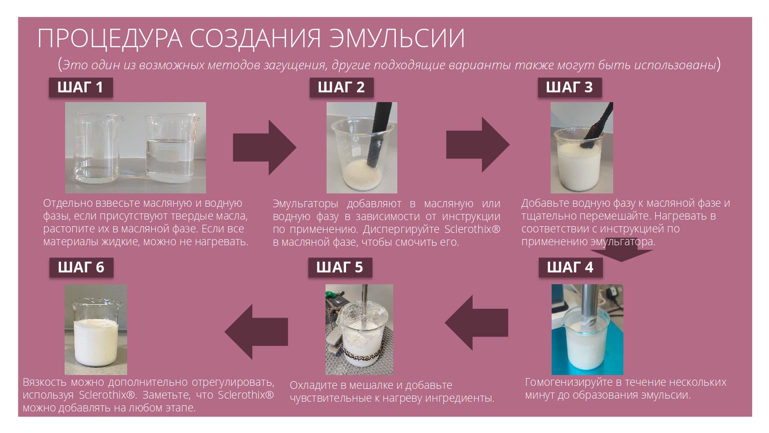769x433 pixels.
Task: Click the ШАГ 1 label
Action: pyautogui.click(x=80, y=87)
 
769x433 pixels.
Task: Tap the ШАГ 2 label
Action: pyautogui.click(x=341, y=87)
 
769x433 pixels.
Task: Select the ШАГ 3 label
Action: pyautogui.click(x=570, y=87)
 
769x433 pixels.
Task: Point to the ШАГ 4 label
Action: pyautogui.click(x=570, y=267)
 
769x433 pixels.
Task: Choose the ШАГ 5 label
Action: pyautogui.click(x=340, y=267)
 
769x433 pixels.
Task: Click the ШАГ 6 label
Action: pyautogui.click(x=82, y=267)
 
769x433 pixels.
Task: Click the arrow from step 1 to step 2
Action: pyautogui.click(x=265, y=147)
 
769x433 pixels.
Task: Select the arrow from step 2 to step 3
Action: pyautogui.click(x=478, y=145)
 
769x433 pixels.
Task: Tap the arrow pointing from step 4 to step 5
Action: pyautogui.click(x=476, y=323)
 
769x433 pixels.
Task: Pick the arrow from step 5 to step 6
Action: pyautogui.click(x=256, y=332)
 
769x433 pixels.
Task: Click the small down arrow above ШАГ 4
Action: pyautogui.click(x=621, y=253)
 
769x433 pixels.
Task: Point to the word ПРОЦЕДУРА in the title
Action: pyautogui.click(x=110, y=38)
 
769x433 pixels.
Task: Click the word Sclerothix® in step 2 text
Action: pyautogui.click(x=472, y=229)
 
